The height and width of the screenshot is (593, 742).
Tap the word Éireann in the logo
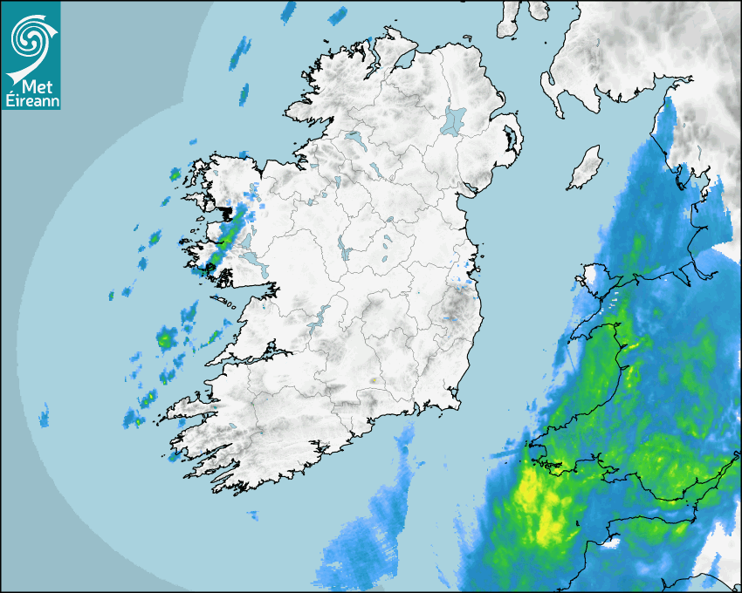(x=31, y=101)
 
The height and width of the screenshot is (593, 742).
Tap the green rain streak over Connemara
(x=224, y=240)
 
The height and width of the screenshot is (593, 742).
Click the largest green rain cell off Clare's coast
(x=165, y=337)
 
